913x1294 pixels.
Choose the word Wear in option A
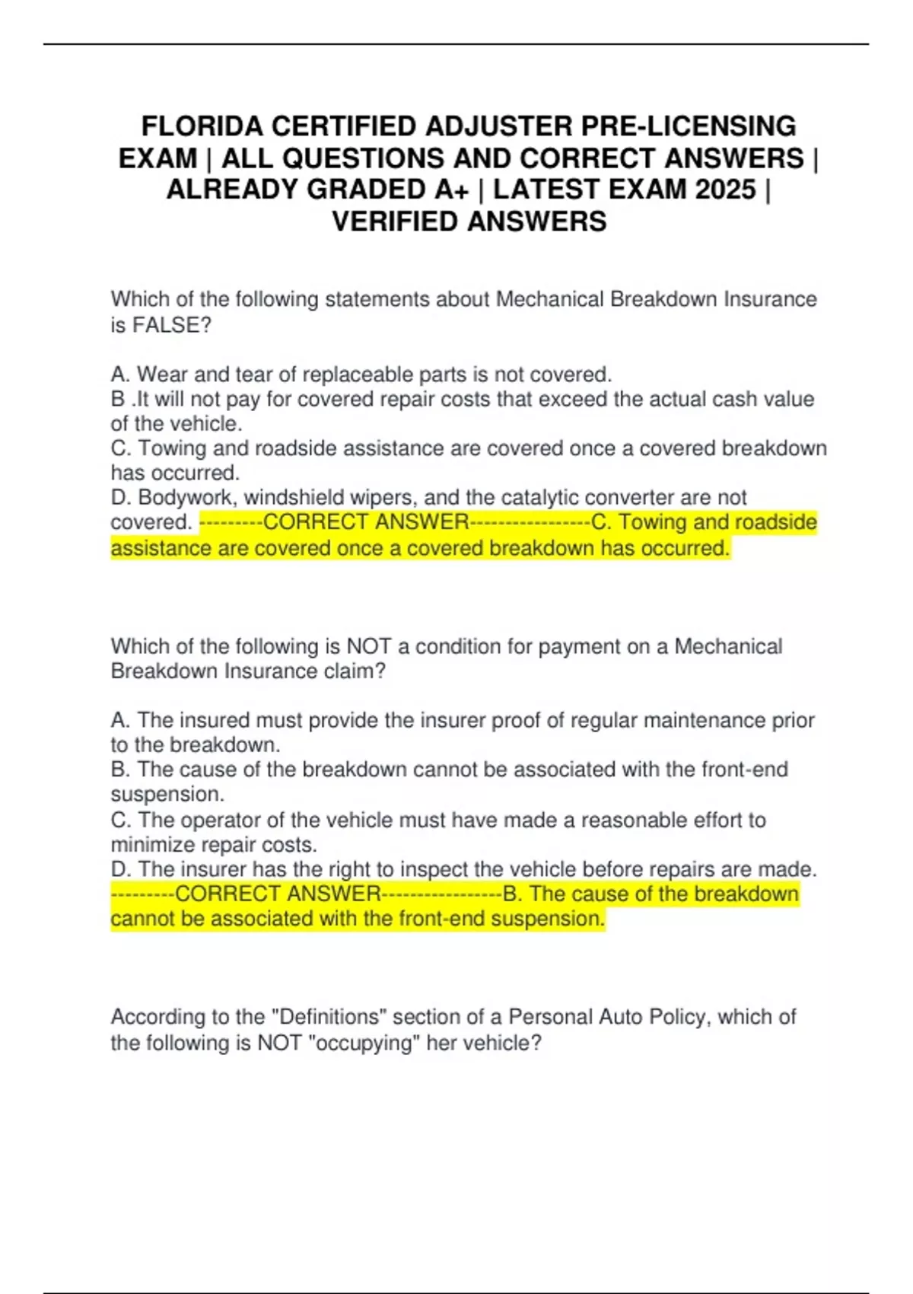[x=162, y=374]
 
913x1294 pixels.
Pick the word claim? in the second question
[x=352, y=671]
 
